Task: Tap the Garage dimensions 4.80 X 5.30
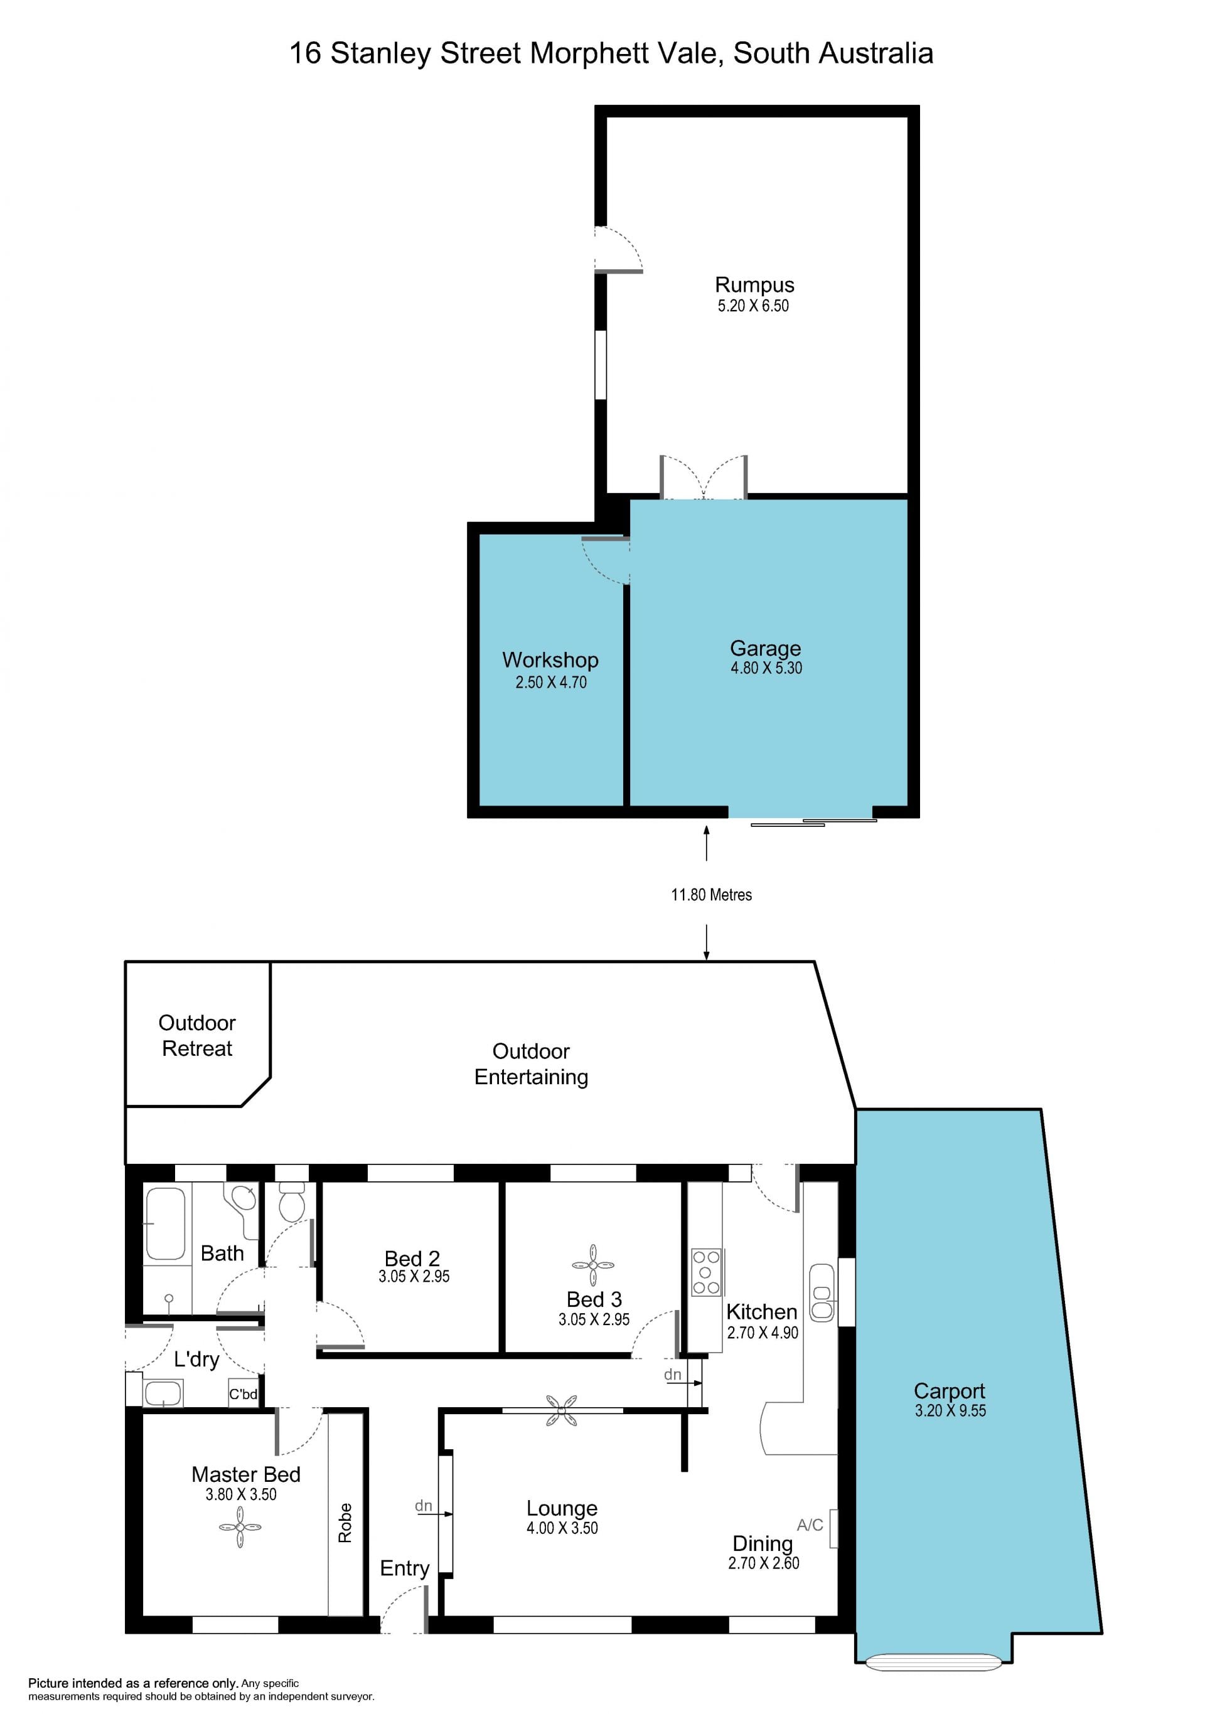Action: click(x=766, y=668)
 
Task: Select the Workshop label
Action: click(x=550, y=660)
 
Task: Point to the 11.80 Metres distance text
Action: click(x=710, y=894)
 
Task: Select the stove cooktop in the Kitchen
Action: click(x=706, y=1272)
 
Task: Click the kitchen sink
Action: click(x=822, y=1292)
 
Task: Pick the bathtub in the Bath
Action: click(x=165, y=1223)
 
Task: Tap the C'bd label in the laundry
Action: click(x=244, y=1394)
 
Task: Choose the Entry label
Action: click(x=405, y=1568)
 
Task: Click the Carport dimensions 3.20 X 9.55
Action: click(x=950, y=1410)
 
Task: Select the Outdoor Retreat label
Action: click(x=197, y=1035)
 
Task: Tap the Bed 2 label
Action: click(x=412, y=1259)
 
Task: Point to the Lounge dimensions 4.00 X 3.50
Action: click(x=562, y=1528)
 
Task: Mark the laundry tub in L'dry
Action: click(x=163, y=1393)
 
